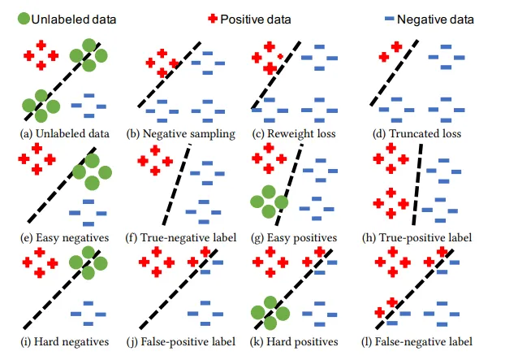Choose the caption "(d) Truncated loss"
click(x=414, y=133)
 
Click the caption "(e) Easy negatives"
click(x=64, y=237)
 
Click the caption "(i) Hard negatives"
click(x=64, y=341)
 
